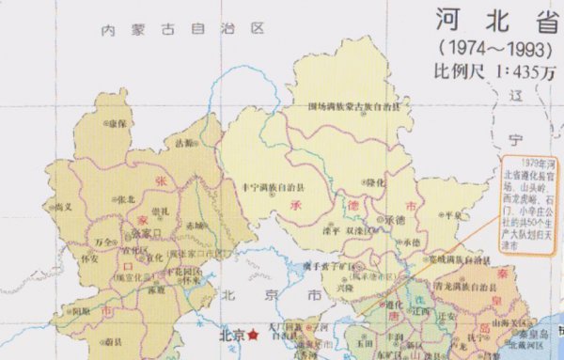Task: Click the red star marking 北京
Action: click(x=253, y=334)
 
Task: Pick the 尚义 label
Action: click(x=63, y=206)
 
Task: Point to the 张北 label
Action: click(x=125, y=199)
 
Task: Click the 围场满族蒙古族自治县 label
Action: click(x=352, y=106)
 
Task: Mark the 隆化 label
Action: click(x=375, y=181)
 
